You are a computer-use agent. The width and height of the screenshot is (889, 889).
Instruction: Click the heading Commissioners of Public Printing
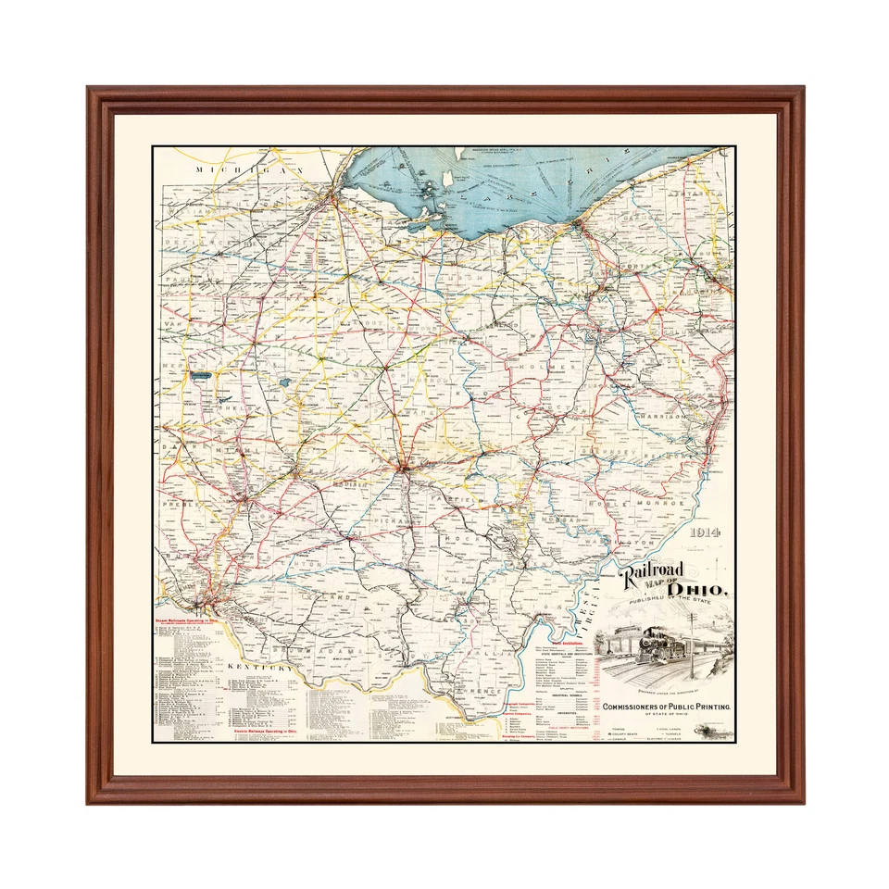(x=667, y=707)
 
